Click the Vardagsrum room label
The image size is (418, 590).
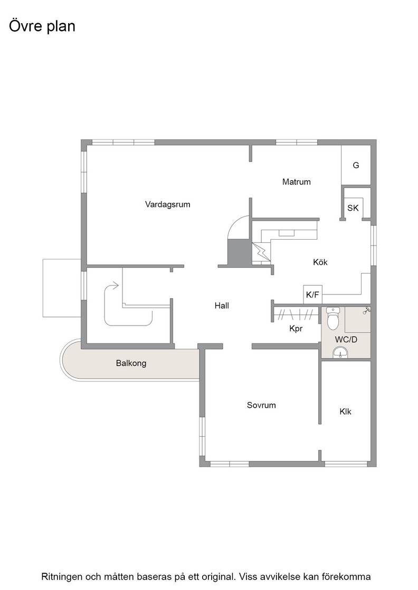point(167,205)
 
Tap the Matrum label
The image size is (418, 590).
point(296,182)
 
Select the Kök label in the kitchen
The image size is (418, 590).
point(320,262)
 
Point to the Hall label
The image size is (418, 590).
point(222,306)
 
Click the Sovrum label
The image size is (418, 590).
point(261,405)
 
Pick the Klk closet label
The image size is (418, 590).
point(345,411)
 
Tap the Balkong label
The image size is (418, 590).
point(131,363)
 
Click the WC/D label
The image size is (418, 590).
point(346,340)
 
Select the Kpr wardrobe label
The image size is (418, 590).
point(296,329)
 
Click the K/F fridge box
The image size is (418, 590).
point(313,294)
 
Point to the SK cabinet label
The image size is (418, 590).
point(353,208)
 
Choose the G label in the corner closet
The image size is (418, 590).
point(356,165)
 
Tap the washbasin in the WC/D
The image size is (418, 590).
point(341,352)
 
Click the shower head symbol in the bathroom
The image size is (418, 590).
point(366,310)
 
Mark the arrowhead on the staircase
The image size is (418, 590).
point(116,286)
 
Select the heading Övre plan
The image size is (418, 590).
point(42,26)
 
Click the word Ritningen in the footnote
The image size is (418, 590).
point(62,576)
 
